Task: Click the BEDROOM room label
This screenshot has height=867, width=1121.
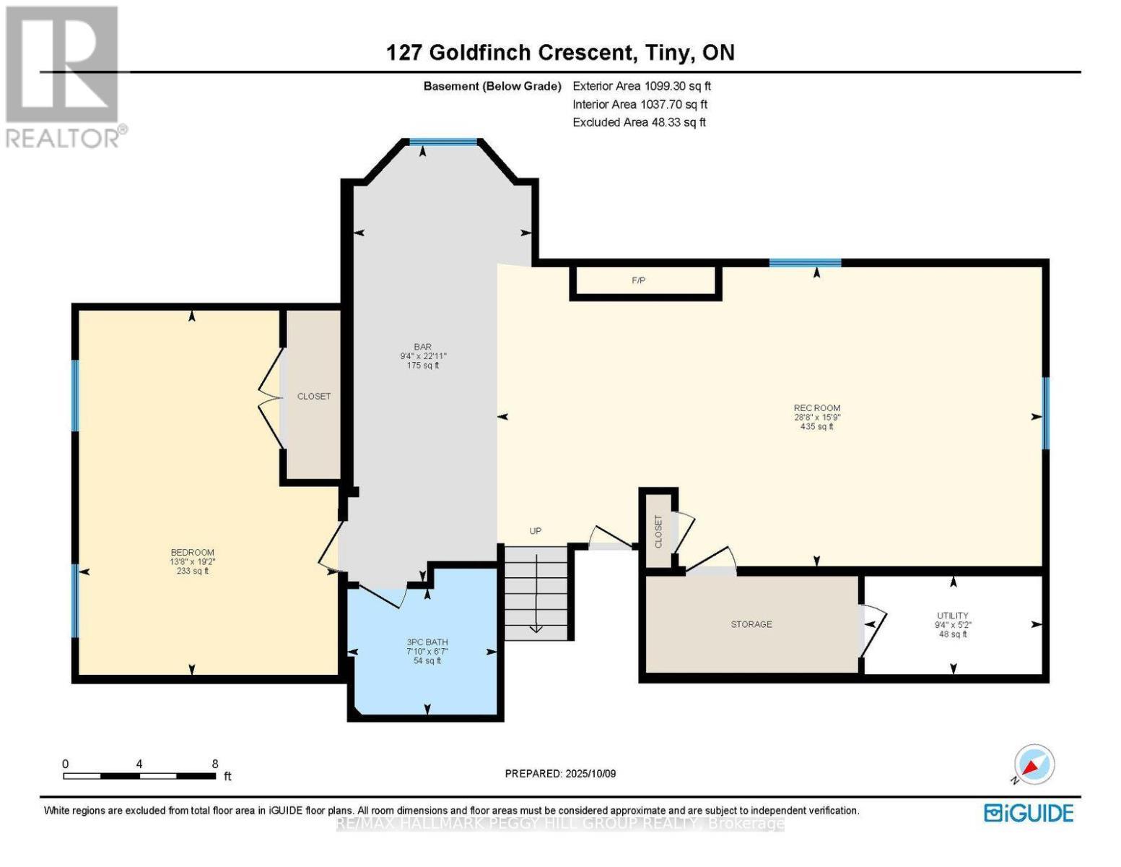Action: click(x=192, y=553)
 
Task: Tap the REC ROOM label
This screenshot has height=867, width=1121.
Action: click(x=816, y=408)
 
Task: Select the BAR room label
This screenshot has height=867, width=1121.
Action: click(x=422, y=348)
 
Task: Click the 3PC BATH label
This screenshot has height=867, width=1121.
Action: click(x=427, y=642)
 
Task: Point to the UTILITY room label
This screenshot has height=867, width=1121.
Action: click(x=953, y=616)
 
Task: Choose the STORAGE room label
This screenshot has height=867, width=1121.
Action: click(x=751, y=624)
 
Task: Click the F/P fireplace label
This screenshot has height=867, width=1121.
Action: click(x=638, y=280)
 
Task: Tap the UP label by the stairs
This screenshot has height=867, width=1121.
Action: click(x=535, y=531)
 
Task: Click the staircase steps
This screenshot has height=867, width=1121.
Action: click(x=535, y=592)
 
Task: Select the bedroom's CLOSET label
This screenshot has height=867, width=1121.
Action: click(x=314, y=397)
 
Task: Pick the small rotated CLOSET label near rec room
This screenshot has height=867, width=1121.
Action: click(x=658, y=531)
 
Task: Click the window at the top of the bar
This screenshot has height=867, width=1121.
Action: click(x=443, y=142)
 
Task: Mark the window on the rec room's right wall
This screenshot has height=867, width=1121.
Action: click(x=1045, y=413)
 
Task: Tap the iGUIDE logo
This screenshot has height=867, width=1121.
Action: click(x=1029, y=813)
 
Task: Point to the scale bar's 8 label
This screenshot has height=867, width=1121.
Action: click(x=214, y=764)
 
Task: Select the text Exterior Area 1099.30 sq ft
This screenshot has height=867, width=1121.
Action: click(x=642, y=86)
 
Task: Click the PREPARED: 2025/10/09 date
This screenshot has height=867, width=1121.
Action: click(x=560, y=774)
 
